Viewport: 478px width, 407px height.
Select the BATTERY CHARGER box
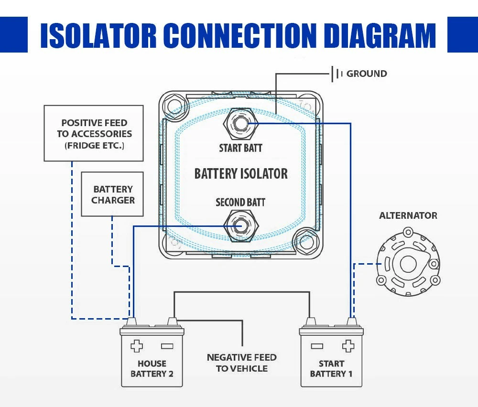coord(113,194)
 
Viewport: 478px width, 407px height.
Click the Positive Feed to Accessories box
coord(94,133)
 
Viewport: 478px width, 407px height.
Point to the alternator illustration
coord(408,263)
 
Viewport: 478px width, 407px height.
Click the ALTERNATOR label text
coord(408,215)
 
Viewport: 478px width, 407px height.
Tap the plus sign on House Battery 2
coord(137,346)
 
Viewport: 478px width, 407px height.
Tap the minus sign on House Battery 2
coord(167,346)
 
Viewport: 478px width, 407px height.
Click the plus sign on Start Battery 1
coord(348,346)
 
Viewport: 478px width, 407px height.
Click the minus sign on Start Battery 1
coord(317,346)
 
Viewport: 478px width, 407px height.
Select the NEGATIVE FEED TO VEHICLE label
coord(241,363)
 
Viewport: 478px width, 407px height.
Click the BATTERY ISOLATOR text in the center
coord(241,174)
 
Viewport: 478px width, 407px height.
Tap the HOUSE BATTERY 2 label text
coord(152,368)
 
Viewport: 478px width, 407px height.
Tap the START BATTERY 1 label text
coord(331,368)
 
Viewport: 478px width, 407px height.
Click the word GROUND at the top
coord(367,74)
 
